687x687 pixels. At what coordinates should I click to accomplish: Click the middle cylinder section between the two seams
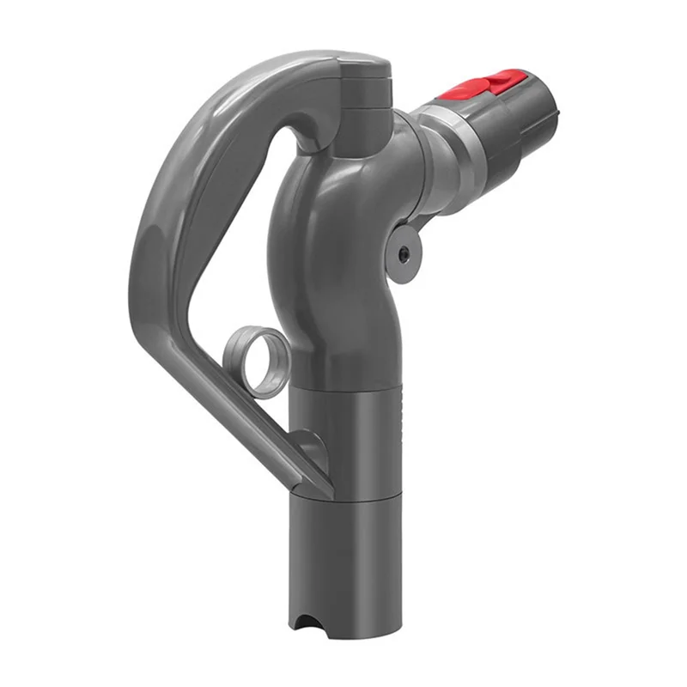343,438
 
